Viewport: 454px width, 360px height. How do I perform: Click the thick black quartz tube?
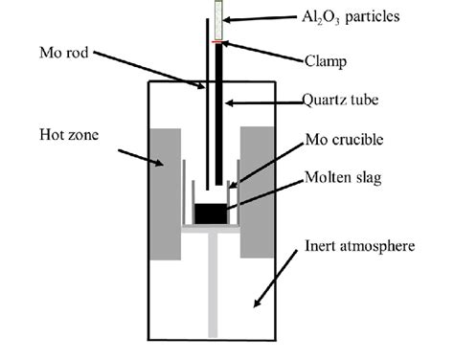pos(220,115)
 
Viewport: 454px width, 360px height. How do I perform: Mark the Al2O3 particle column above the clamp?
pos(219,19)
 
